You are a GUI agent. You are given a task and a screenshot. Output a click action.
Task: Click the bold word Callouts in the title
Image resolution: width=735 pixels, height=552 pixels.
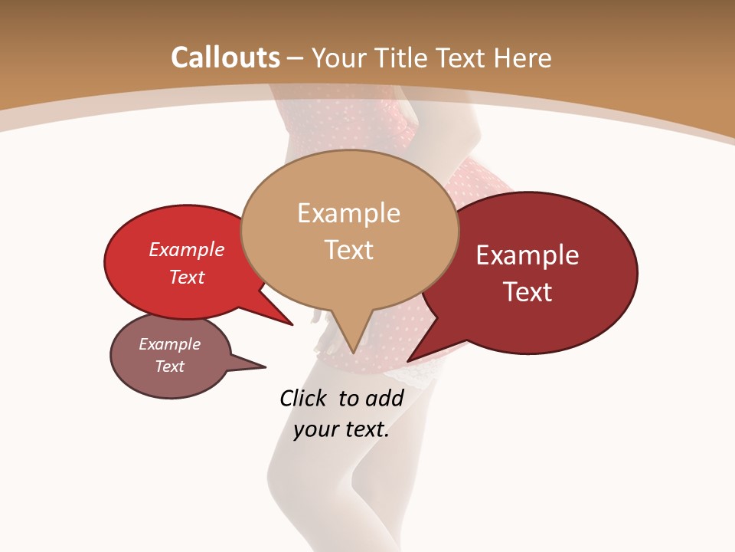[x=225, y=58]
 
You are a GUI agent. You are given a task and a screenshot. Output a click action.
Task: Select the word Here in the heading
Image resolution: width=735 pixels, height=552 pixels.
[x=524, y=58]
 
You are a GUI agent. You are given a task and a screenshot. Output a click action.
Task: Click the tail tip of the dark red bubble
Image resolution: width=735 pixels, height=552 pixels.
[x=408, y=361]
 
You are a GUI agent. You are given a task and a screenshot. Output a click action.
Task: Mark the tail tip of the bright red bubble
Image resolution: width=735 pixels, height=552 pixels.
[x=292, y=324]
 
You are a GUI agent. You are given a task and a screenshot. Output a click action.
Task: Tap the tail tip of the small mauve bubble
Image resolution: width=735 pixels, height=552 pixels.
[x=265, y=367]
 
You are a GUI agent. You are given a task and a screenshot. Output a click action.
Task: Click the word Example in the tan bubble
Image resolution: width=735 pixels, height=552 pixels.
[x=348, y=213]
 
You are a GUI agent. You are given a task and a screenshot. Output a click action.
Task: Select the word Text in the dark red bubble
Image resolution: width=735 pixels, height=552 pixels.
[x=528, y=291]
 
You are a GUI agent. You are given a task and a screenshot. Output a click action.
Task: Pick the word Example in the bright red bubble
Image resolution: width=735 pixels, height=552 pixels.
[x=187, y=249]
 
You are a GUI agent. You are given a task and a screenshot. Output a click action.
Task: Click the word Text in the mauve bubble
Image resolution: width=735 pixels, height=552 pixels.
[x=170, y=366]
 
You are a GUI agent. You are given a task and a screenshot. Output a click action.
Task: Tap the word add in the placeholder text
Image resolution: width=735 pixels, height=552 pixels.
[x=384, y=398]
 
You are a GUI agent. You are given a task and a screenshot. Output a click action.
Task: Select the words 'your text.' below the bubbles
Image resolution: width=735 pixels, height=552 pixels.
[x=341, y=429]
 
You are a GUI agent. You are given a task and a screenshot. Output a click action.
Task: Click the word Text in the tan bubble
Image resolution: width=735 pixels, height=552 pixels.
[x=349, y=250]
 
